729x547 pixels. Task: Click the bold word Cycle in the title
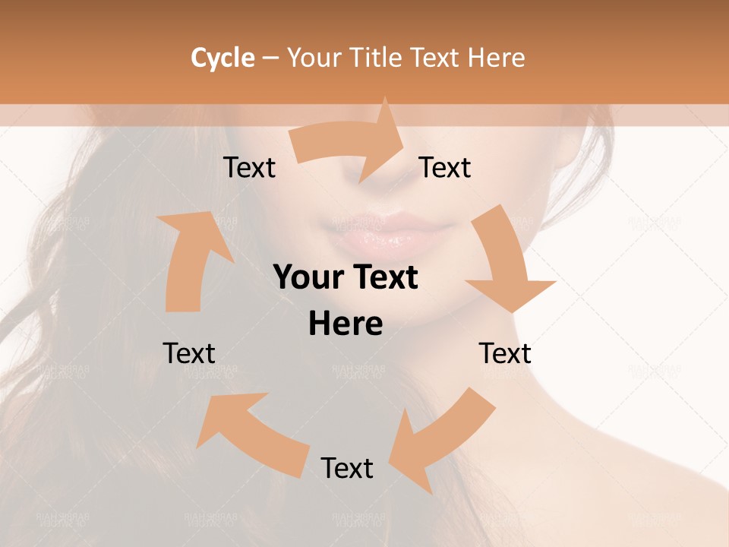[222, 58]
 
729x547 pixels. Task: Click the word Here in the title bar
[496, 58]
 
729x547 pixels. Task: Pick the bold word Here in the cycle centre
[346, 324]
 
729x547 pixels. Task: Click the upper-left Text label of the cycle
[249, 168]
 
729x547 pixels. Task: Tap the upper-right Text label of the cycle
[445, 168]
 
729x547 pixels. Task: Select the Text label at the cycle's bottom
[347, 468]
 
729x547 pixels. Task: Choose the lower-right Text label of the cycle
[505, 353]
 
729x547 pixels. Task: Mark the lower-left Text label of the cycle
[189, 353]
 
